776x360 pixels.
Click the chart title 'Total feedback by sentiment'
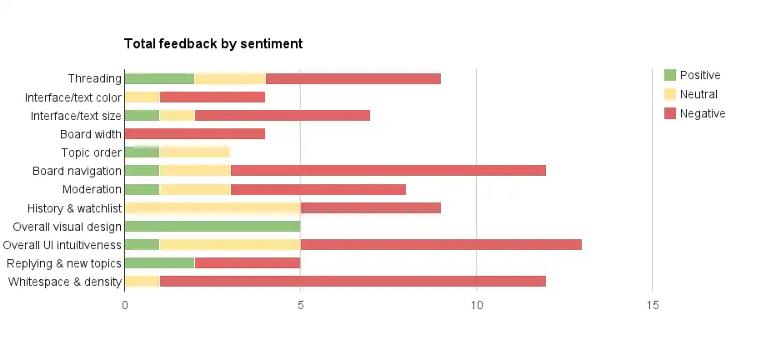pos(213,43)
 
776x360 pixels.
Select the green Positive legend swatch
pos(669,75)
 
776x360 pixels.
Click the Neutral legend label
pos(698,94)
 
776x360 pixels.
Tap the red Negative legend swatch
pos(669,113)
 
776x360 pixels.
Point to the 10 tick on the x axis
pos(476,306)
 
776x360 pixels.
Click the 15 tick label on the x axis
pos(652,306)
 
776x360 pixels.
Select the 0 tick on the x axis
pos(125,306)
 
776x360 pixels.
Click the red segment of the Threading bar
pos(353,79)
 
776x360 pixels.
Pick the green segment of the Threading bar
pos(159,79)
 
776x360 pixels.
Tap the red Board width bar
pos(194,134)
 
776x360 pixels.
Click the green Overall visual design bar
pos(212,227)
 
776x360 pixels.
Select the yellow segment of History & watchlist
pos(212,208)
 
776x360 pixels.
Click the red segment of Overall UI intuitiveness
pos(440,245)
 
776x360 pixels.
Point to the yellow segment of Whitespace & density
pos(142,282)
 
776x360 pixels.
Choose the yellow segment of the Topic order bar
pos(194,152)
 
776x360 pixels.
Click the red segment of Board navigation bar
pos(388,171)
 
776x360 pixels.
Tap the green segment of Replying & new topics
pos(159,263)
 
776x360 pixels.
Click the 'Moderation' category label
pos(92,189)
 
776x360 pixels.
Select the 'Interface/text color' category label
pos(73,97)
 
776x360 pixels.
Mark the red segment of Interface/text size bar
pos(282,116)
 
